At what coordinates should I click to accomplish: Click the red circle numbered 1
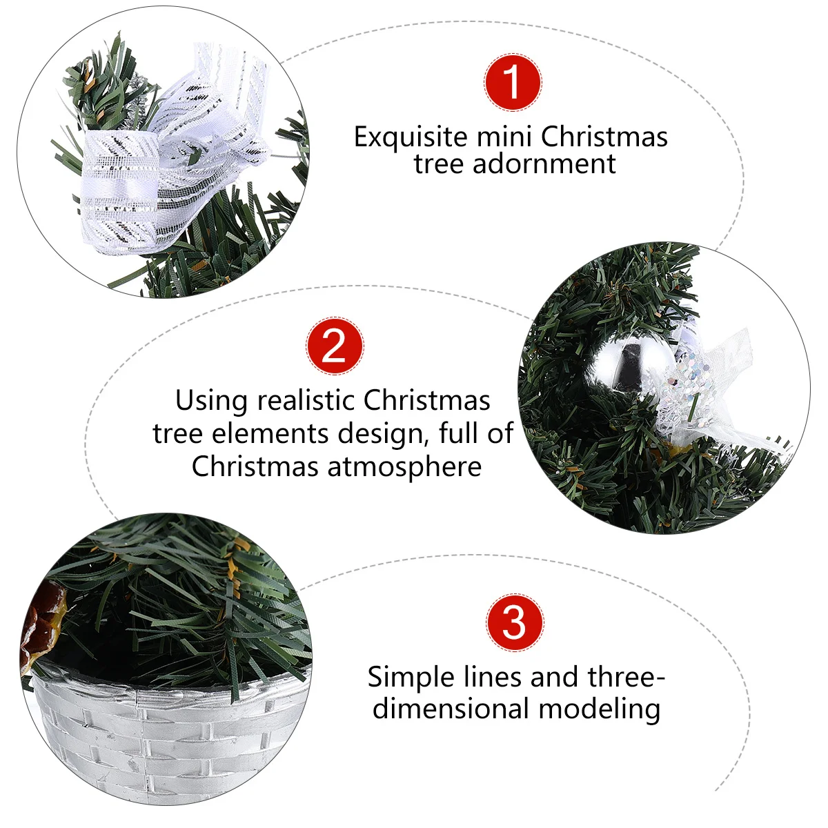click(513, 82)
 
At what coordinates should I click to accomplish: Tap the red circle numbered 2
click(335, 346)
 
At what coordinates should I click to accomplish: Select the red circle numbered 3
click(515, 622)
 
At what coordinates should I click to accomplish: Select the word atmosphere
click(404, 466)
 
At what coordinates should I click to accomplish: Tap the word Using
click(211, 401)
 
